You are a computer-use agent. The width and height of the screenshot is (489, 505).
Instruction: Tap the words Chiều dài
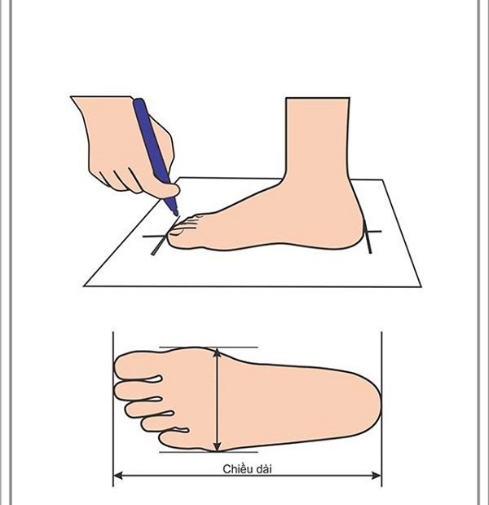pos(247,469)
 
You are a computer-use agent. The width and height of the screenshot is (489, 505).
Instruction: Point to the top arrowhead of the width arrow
pos(217,352)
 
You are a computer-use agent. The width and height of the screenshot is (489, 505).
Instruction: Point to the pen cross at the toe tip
pos(156,239)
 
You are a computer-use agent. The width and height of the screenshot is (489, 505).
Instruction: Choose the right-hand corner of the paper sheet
pos(421,285)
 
